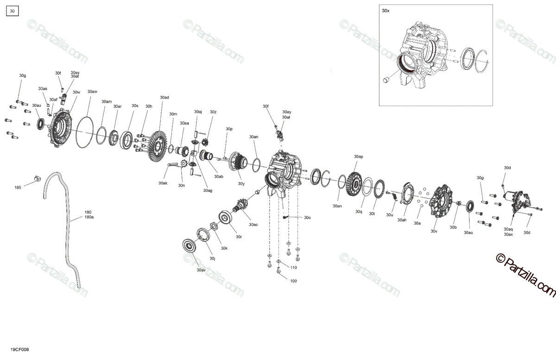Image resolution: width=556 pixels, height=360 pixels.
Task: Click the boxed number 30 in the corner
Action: (x=12, y=11)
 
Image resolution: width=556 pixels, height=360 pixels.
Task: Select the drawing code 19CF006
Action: (x=19, y=349)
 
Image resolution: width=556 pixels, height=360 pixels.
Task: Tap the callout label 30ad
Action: (x=164, y=97)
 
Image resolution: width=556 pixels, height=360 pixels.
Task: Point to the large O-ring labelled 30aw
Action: (x=84, y=132)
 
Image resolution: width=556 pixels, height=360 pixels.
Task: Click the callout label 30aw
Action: (x=92, y=92)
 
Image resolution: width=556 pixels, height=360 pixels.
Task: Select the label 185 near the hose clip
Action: (x=18, y=188)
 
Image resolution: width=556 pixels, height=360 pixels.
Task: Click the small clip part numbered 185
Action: (x=37, y=178)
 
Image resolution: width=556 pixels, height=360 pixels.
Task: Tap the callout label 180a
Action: (x=89, y=217)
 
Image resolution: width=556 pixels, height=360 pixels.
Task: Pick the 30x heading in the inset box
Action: (x=385, y=11)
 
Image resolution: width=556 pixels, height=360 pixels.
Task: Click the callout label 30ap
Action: (x=359, y=157)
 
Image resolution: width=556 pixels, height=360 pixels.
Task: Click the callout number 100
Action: (x=293, y=281)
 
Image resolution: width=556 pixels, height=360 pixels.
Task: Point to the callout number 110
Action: (x=293, y=268)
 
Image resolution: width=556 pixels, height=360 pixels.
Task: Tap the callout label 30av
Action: (x=201, y=270)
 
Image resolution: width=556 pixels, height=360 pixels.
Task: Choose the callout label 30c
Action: (x=307, y=218)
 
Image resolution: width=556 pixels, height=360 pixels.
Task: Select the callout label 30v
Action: (x=434, y=231)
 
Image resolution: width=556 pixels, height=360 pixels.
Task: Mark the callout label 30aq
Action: (x=508, y=229)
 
